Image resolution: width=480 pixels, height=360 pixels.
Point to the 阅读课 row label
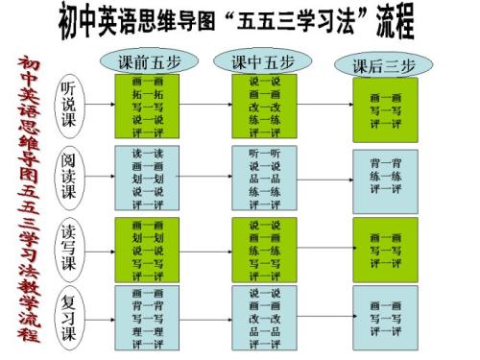point(69,176)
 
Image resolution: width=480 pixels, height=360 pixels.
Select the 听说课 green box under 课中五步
point(264,107)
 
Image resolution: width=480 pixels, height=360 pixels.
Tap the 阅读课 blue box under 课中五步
point(264,178)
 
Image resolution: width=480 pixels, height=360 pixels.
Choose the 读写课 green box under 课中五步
point(264,250)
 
